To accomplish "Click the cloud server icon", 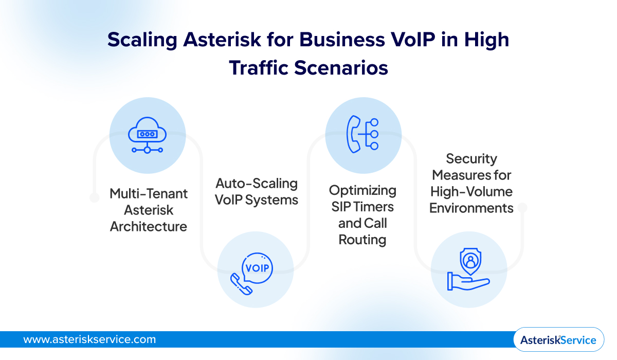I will (148, 135).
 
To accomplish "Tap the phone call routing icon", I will (363, 135).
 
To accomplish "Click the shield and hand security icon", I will (468, 270).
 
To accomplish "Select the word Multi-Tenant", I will (149, 194).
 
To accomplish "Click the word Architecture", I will (149, 227).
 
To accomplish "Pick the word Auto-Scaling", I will (257, 183).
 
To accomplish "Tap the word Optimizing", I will (362, 190).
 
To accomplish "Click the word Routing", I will (362, 240).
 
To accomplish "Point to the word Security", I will (471, 158).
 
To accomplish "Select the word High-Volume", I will (471, 191).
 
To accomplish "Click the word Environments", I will (471, 208).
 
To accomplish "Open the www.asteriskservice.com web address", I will (89, 339).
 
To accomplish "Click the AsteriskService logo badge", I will (558, 339).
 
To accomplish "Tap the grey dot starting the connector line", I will (94, 197).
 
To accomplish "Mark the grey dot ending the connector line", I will (523, 208).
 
